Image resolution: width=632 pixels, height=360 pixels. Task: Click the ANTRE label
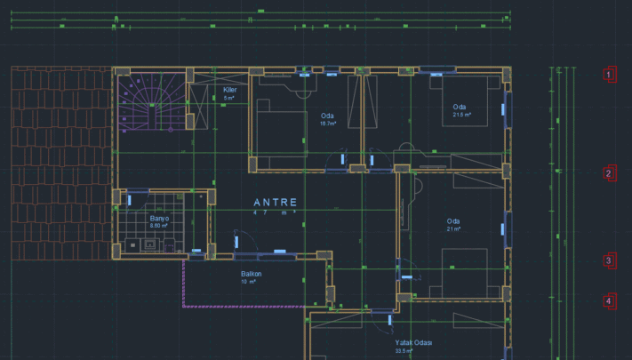tap(275, 202)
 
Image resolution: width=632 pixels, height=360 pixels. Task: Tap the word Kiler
tap(229, 90)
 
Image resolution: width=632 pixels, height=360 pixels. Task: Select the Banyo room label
tap(159, 218)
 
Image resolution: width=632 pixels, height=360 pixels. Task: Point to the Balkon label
tap(251, 274)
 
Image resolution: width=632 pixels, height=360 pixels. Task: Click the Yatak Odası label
tap(413, 342)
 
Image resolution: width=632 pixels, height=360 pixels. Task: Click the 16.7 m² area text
tap(327, 124)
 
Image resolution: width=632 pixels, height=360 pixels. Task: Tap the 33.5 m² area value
tap(404, 351)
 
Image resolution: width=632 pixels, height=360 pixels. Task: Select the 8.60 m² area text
tap(159, 226)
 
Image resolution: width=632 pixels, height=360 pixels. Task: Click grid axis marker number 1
tap(609, 75)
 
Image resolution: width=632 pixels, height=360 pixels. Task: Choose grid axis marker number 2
tap(609, 173)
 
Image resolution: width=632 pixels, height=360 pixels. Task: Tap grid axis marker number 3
tap(609, 260)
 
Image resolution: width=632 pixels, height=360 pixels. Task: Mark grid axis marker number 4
tap(609, 301)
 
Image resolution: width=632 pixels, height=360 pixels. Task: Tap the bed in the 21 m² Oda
tap(463, 272)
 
